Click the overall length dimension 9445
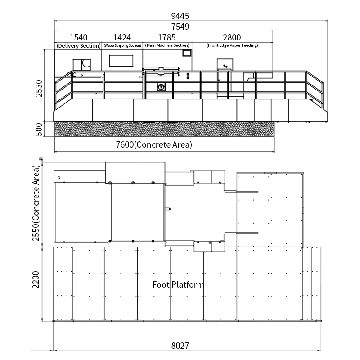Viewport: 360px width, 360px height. pos(180,16)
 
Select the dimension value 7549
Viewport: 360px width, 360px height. pos(180,27)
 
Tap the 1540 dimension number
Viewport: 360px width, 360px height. pos(78,37)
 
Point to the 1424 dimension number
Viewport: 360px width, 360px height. pos(122,37)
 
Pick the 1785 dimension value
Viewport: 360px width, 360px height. pos(167,37)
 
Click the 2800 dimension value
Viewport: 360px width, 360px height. pos(232,37)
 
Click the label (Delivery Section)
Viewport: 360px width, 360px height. pos(79,46)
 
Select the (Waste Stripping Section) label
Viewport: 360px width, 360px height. pos(122,45)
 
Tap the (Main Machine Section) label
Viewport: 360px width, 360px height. pos(167,45)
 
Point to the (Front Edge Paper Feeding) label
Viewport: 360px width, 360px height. pos(232,45)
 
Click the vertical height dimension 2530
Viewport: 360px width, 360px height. pos(39,89)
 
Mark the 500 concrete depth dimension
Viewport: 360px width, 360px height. pos(39,130)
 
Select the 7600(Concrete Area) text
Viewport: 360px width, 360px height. pos(154,144)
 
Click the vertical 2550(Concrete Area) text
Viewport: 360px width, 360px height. pos(36,203)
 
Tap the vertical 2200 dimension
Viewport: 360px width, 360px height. pos(36,279)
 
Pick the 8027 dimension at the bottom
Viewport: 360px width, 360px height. pos(180,346)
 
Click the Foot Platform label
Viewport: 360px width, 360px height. pos(178,285)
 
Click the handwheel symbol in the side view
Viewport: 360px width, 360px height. pos(161,87)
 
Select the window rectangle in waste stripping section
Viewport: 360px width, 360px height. pos(121,61)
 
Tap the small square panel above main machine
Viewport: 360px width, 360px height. pos(187,53)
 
